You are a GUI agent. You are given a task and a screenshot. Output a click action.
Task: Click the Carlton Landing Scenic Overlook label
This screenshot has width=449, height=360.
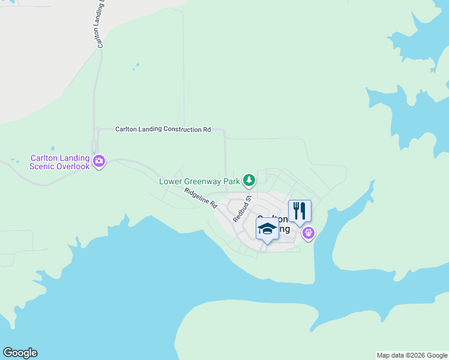tap(60, 162)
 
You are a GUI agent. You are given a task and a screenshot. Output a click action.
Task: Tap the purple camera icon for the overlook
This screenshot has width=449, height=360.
tap(100, 161)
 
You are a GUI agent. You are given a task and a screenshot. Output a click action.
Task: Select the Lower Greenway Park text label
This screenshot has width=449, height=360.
tap(199, 181)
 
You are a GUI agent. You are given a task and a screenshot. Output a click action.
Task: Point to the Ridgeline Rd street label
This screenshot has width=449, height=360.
tap(200, 197)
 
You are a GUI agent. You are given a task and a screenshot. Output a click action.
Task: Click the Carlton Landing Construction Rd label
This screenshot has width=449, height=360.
tap(163, 129)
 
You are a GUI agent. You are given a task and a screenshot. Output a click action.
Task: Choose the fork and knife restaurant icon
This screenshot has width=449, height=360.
tap(300, 211)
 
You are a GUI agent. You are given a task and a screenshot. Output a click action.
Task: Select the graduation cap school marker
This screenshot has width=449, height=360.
tap(267, 229)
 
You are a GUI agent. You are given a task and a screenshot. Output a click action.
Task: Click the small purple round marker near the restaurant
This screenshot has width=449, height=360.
tap(309, 232)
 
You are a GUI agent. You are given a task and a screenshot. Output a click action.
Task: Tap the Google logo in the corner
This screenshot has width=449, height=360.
tap(20, 353)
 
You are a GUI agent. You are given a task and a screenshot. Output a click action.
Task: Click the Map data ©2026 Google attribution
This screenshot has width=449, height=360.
tap(412, 355)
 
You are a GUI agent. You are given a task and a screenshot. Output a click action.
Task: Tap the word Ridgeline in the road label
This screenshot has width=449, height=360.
tap(196, 195)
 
